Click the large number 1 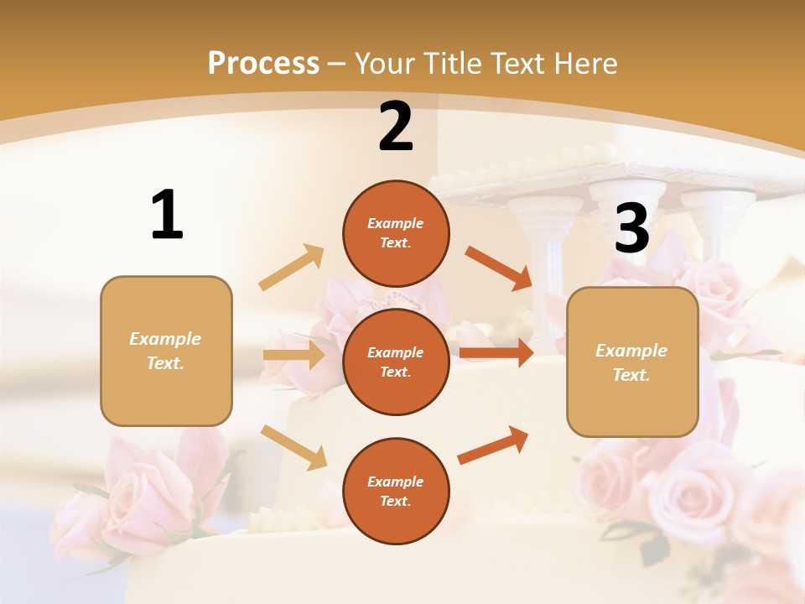[x=167, y=216]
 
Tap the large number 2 [x=396, y=126]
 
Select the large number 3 [x=631, y=229]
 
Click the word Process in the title [x=263, y=63]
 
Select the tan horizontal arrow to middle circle [x=293, y=355]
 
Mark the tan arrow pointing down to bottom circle [x=294, y=446]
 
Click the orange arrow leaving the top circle [x=499, y=268]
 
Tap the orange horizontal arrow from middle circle [x=496, y=353]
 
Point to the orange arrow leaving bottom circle [x=493, y=445]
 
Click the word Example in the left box [x=165, y=339]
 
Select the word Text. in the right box [x=631, y=375]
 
